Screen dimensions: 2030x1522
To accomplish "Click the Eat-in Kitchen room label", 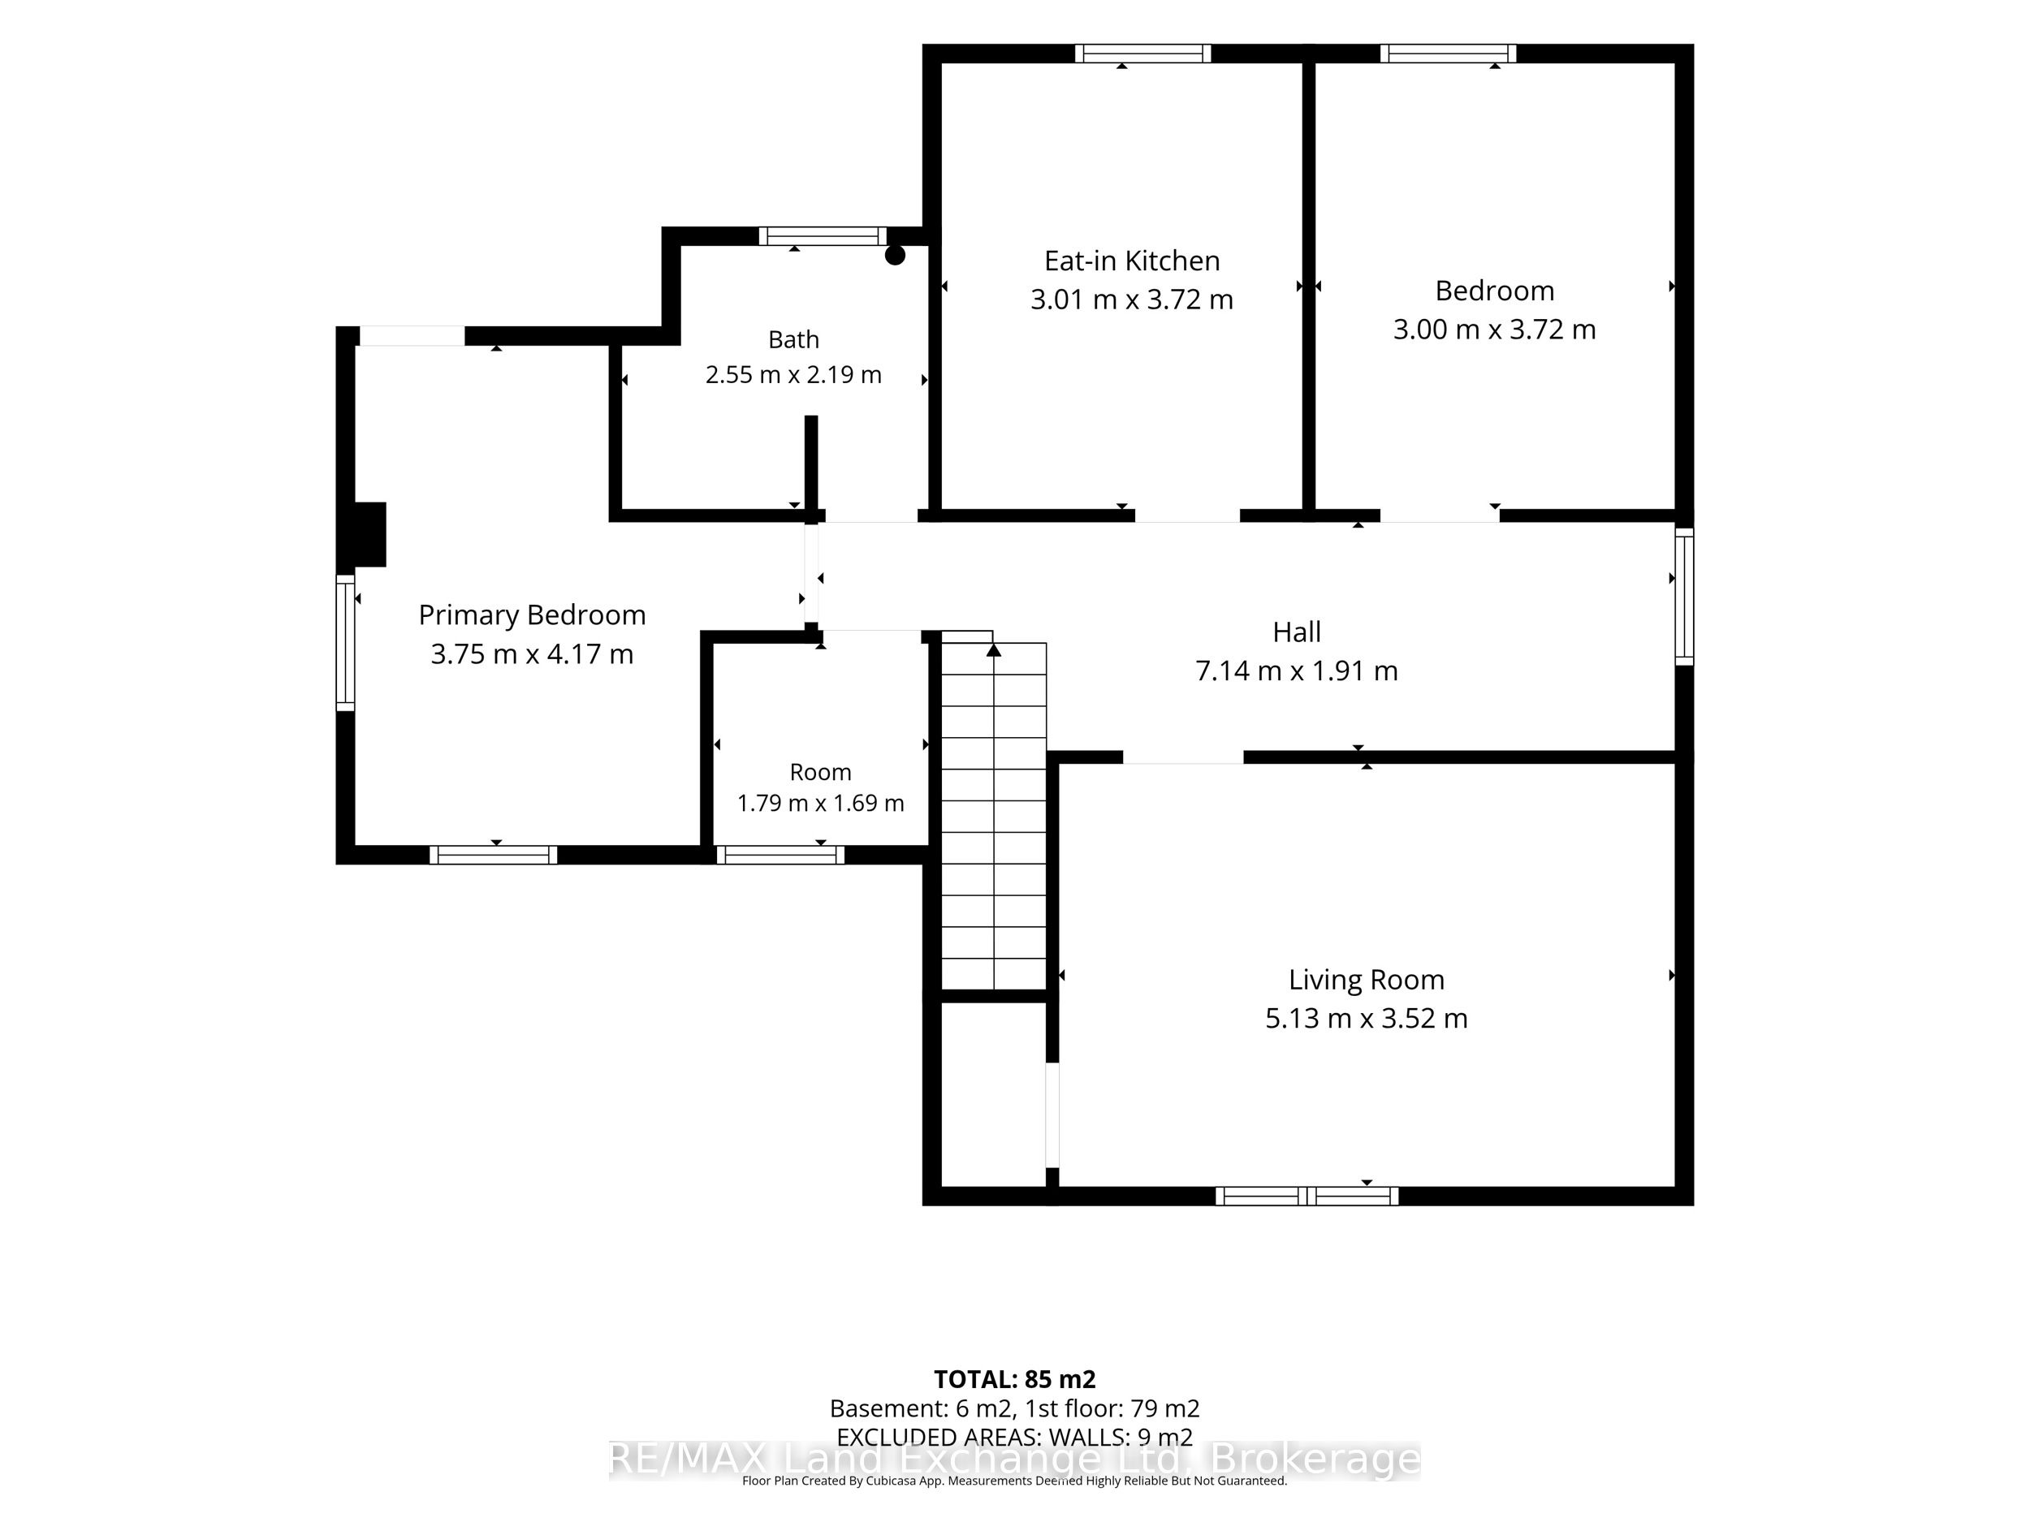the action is tap(1132, 261).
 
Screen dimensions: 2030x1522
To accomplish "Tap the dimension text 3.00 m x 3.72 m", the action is tap(1494, 330).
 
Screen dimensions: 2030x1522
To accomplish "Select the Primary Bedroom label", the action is tap(533, 615).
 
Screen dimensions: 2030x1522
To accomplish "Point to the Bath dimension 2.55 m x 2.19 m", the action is tap(794, 375).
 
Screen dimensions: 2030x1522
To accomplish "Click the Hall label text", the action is tap(1297, 632).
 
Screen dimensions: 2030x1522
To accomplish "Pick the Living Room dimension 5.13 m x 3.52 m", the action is tap(1367, 1019).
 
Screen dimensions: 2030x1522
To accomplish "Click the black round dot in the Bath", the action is tap(895, 256).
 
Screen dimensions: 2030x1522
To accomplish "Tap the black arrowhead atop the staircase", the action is tap(994, 650).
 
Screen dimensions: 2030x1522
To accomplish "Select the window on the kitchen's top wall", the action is tap(1143, 54).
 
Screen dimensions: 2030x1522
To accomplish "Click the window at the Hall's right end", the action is tap(1684, 597).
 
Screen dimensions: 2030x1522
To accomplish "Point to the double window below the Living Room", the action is tap(1307, 1196).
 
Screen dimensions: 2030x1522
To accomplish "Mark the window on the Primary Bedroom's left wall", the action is tap(345, 642).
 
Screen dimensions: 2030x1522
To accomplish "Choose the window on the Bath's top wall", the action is tap(823, 235).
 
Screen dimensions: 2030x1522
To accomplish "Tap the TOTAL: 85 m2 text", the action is tap(1015, 1379).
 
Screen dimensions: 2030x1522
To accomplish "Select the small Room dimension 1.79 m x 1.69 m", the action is tap(820, 804).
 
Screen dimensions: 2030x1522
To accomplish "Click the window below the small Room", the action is tap(780, 855).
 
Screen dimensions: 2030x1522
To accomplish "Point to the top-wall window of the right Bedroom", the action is tap(1448, 54).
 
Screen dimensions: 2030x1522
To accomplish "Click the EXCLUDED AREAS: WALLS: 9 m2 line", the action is tap(1015, 1437).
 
